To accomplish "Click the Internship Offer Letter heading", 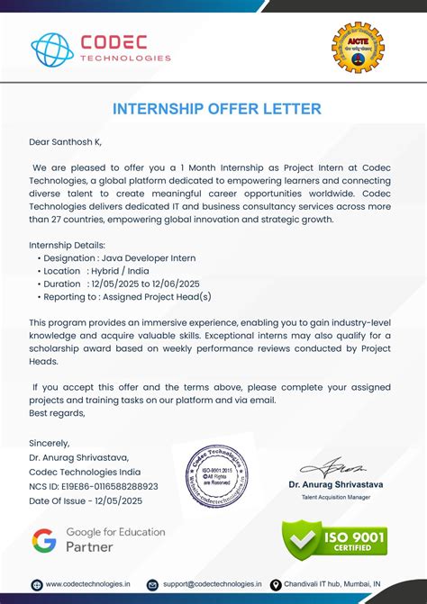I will point(216,109).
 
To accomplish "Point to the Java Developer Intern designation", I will point(149,258).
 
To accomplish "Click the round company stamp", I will point(216,476).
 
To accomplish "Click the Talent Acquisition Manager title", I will point(335,497).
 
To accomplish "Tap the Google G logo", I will point(44,540).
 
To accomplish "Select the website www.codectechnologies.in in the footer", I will point(87,584).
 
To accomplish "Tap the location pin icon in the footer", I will point(276,584).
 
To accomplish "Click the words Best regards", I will point(57,413).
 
